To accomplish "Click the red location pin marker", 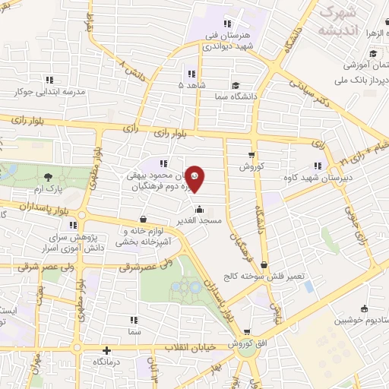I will [x=196, y=179].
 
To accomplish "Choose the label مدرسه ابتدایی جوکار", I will [x=47, y=90].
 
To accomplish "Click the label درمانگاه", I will [x=107, y=363].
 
